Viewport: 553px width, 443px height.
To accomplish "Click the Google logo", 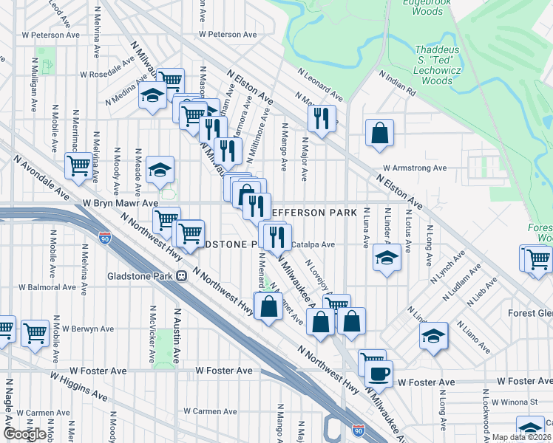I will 25,434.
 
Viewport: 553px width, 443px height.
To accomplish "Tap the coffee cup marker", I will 379,374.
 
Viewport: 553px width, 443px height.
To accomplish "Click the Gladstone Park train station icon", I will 180,275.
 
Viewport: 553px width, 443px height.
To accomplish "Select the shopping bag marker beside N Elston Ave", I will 379,134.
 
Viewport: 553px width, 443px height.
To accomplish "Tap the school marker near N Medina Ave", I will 153,97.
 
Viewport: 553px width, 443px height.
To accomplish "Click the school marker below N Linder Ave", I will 386,259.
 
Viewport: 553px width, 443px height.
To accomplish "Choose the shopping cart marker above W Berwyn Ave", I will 35,334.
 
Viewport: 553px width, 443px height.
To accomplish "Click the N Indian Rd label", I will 398,83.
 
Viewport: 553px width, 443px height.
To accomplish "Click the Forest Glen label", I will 529,312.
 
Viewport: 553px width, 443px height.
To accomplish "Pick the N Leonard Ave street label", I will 320,85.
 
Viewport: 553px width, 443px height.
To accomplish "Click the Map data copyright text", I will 520,437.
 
